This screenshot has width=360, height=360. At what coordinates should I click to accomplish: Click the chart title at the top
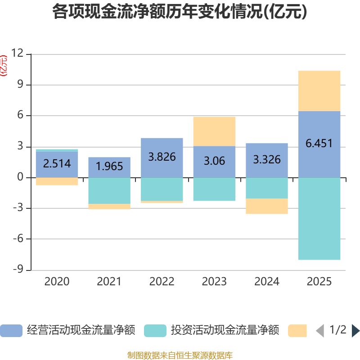click(x=180, y=12)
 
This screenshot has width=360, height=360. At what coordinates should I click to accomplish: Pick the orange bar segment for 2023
click(x=214, y=131)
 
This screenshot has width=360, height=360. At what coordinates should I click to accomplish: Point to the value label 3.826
click(x=162, y=157)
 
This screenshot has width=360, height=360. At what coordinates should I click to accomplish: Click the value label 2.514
click(x=57, y=163)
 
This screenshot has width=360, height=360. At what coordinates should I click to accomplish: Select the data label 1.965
click(x=109, y=166)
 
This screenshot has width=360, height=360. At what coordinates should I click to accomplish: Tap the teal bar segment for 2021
click(x=109, y=191)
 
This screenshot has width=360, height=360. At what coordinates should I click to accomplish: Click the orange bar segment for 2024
click(x=267, y=206)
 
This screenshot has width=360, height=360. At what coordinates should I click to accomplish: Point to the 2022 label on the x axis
click(x=162, y=282)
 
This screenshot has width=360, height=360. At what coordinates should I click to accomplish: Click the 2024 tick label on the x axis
click(x=267, y=282)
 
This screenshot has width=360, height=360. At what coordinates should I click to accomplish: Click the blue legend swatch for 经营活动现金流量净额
click(x=11, y=331)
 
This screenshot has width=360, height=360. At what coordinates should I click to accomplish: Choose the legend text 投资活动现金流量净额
click(x=225, y=331)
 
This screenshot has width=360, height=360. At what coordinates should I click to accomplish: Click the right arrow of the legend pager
click(x=355, y=331)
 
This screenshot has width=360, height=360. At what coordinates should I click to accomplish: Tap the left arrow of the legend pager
click(x=320, y=331)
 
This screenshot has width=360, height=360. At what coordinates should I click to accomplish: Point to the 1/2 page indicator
click(x=338, y=330)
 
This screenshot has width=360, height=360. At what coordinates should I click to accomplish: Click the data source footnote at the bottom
click(x=180, y=355)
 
